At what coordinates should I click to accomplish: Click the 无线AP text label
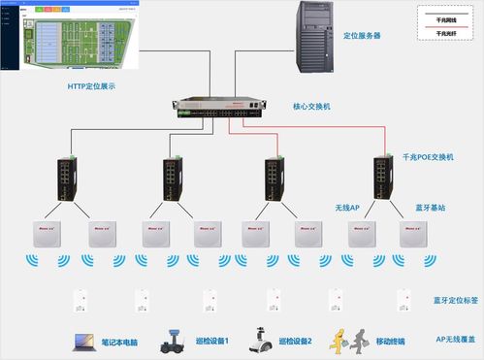tap(347, 208)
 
